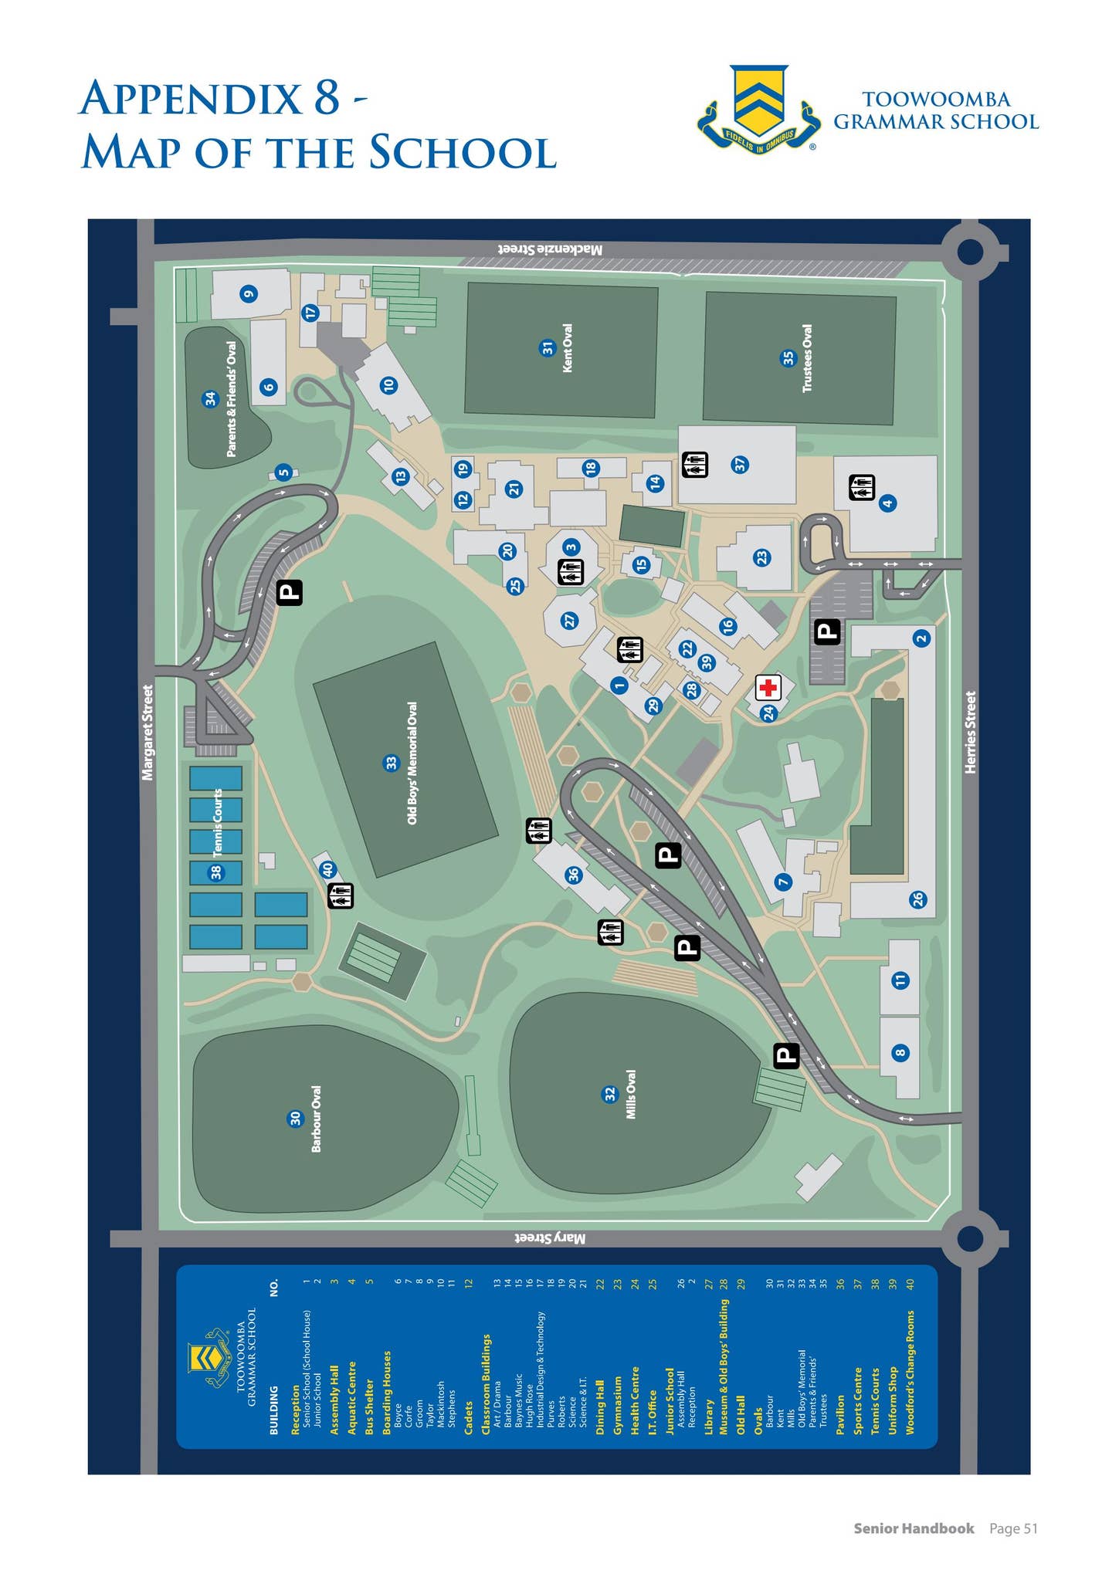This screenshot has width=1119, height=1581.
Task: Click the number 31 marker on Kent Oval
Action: (x=547, y=348)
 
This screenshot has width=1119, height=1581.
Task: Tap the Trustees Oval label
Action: (x=808, y=358)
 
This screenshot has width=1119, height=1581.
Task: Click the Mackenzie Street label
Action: (x=549, y=249)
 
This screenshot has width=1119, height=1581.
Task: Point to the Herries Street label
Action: (x=971, y=732)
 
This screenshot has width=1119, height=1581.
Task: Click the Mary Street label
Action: (x=550, y=1238)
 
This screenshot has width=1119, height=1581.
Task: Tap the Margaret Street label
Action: (x=148, y=732)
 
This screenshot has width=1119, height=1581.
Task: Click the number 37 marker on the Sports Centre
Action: (x=740, y=465)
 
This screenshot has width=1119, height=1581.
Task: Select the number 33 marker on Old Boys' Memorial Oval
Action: (x=391, y=763)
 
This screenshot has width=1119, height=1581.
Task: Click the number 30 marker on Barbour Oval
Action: (x=295, y=1119)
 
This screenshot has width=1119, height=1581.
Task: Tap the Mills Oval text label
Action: (x=631, y=1095)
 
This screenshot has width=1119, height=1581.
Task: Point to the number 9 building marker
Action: (x=247, y=293)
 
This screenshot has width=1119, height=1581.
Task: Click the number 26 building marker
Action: (x=917, y=899)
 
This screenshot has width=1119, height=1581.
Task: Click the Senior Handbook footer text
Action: (x=914, y=1528)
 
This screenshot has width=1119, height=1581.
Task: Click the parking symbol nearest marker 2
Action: (x=827, y=632)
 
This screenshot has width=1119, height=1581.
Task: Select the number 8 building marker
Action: (x=900, y=1052)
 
